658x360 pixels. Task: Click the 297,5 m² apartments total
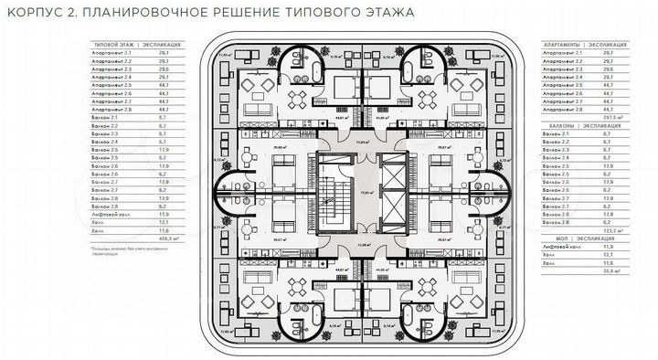[628, 118]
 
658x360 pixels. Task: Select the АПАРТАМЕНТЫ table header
[565, 44]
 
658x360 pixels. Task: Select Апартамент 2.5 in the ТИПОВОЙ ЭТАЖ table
[112, 84]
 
